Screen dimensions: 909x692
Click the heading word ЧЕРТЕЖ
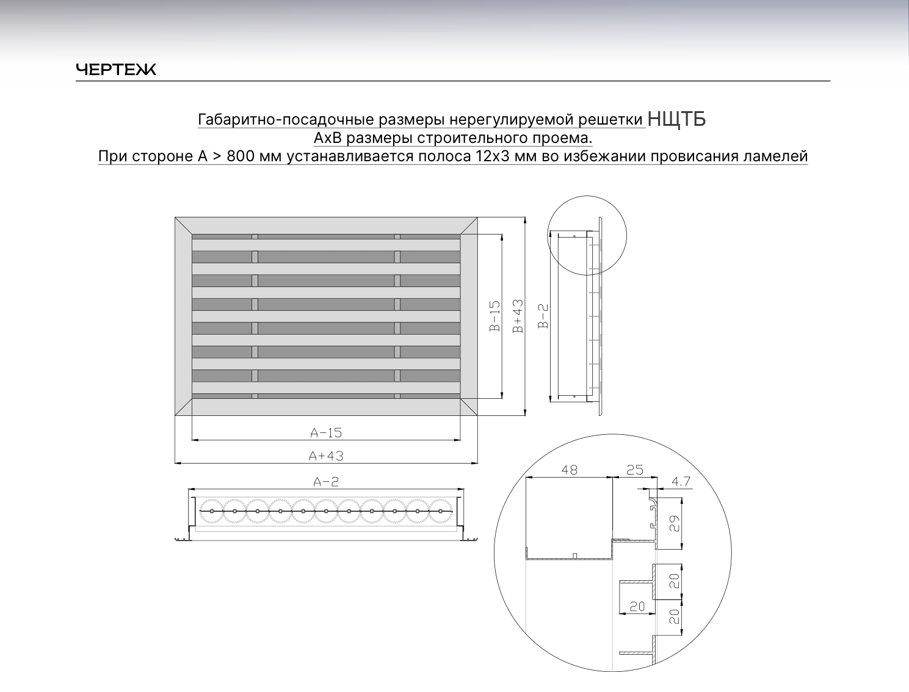tap(116, 70)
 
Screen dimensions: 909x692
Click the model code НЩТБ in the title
tap(676, 119)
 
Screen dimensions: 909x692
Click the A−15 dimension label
tap(326, 433)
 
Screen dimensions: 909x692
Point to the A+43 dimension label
tap(326, 456)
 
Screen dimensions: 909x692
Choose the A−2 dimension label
tap(326, 482)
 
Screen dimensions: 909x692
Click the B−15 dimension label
tap(495, 316)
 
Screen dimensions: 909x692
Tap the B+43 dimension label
tap(518, 316)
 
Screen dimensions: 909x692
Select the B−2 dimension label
tap(543, 316)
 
